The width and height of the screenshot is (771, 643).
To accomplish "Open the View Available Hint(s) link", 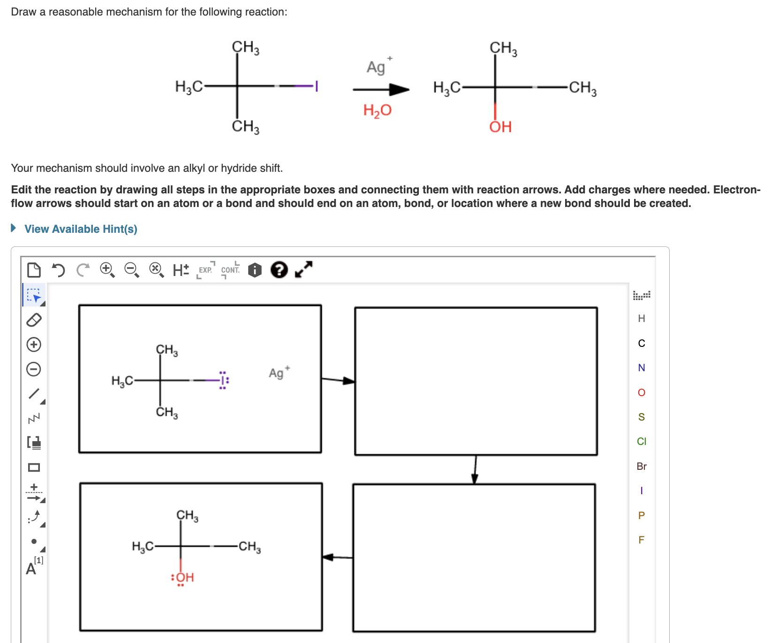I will tap(81, 229).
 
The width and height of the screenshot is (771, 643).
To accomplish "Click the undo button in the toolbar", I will tap(58, 270).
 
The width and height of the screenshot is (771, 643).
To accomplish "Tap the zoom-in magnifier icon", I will tap(107, 270).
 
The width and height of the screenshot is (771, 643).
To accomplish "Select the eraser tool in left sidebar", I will tap(34, 320).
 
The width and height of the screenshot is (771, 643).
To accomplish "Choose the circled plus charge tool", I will tap(34, 344).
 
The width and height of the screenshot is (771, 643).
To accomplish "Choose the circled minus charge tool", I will tap(34, 369).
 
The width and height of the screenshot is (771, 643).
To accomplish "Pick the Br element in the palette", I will tap(642, 466).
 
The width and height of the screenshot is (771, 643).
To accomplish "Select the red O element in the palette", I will tap(642, 392).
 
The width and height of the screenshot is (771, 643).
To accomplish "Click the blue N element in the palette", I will tap(642, 367).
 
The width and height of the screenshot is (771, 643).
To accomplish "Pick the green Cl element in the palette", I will tap(642, 441).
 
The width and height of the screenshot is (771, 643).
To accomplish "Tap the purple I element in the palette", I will tap(642, 490).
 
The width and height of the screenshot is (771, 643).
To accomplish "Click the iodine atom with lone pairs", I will tap(223, 380).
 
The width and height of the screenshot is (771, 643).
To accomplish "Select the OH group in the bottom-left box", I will tap(184, 577).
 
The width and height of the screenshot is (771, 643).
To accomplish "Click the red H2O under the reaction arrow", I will tap(377, 110).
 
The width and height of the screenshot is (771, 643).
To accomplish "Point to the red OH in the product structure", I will tap(500, 127).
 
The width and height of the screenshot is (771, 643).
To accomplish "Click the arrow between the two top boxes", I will tap(338, 380).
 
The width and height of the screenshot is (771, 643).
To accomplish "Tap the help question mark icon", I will tap(279, 270).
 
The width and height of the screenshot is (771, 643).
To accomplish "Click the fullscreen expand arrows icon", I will tap(303, 269).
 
